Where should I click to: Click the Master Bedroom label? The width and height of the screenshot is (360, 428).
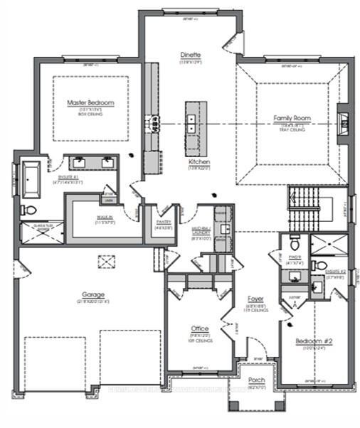[x=90, y=103]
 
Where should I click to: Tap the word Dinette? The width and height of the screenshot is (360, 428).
[x=190, y=55]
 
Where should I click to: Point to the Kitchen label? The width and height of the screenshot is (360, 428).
[x=199, y=162]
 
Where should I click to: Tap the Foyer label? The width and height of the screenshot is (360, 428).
[x=255, y=299]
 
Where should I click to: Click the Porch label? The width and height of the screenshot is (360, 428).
[x=256, y=380]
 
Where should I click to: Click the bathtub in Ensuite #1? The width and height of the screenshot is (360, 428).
[x=31, y=181]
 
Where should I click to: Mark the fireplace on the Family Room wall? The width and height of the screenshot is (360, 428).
[x=342, y=124]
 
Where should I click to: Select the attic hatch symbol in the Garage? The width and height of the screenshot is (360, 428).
[x=106, y=262]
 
